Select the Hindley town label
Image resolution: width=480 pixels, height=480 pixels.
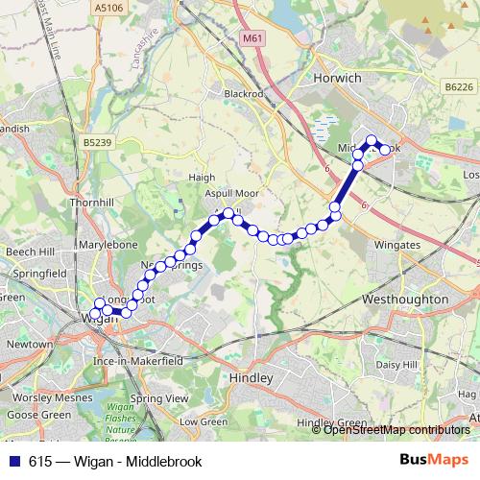(x=252, y=379)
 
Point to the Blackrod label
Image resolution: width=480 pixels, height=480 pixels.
(x=242, y=94)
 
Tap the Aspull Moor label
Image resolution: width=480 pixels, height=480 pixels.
(x=232, y=193)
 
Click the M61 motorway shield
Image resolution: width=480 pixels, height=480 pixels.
(x=252, y=38)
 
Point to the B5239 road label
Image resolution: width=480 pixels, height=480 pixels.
(x=97, y=143)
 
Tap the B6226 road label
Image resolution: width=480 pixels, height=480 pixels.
(x=459, y=85)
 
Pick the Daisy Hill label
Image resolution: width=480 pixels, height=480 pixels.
(x=397, y=365)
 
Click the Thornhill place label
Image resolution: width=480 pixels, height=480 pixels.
(x=91, y=204)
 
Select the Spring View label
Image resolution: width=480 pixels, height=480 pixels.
(x=158, y=397)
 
